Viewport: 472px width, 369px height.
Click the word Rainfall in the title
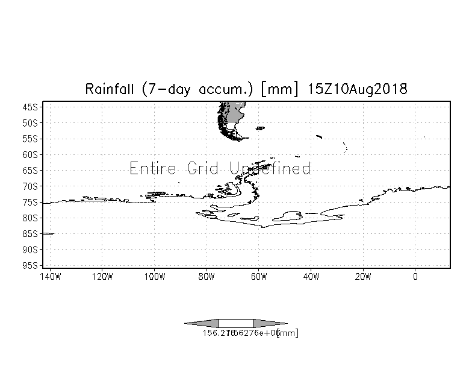(x=111, y=89)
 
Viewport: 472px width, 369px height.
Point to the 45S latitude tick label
(x=29, y=107)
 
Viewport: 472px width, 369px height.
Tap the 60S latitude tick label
(x=29, y=154)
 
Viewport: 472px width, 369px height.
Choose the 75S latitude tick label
(x=29, y=202)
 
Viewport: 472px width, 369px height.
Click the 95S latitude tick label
(x=29, y=265)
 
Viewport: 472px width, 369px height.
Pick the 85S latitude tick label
(x=29, y=233)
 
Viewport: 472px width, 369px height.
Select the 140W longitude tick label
(x=50, y=277)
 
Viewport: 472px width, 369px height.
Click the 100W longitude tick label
(x=154, y=277)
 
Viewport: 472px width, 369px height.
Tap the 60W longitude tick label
(x=259, y=277)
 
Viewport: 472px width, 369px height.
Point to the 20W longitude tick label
(x=363, y=277)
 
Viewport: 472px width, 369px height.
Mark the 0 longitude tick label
(x=415, y=277)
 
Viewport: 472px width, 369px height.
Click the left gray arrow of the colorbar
(x=202, y=323)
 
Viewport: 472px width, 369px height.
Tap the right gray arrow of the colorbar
(x=270, y=323)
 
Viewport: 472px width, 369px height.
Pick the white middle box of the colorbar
(x=236, y=323)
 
